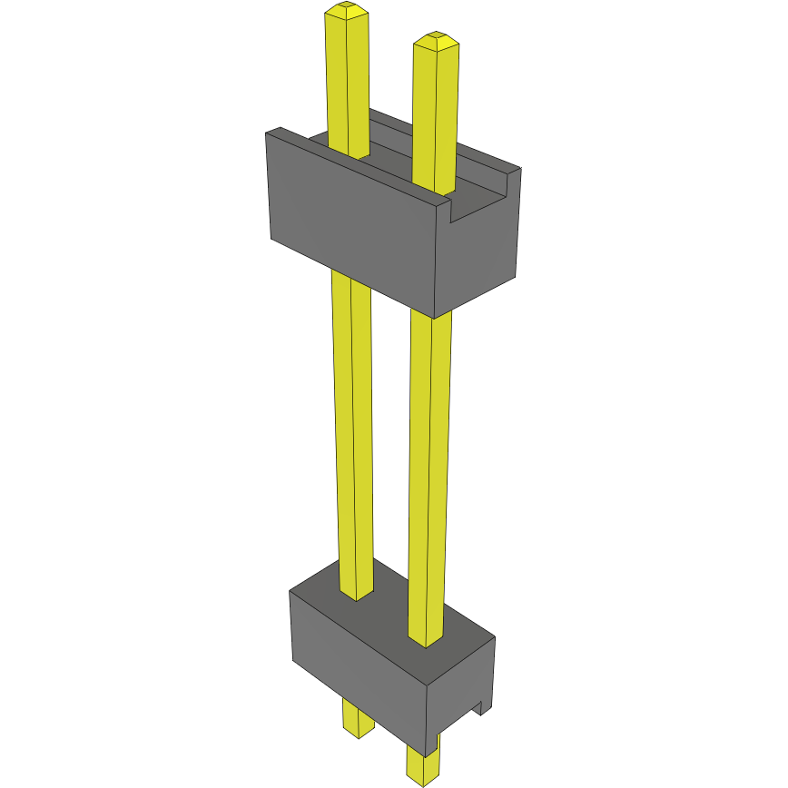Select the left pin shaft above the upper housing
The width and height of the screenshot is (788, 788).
[x=348, y=82]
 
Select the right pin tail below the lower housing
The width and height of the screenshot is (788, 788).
[x=421, y=758]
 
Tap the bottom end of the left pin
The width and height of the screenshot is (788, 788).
[x=358, y=731]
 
